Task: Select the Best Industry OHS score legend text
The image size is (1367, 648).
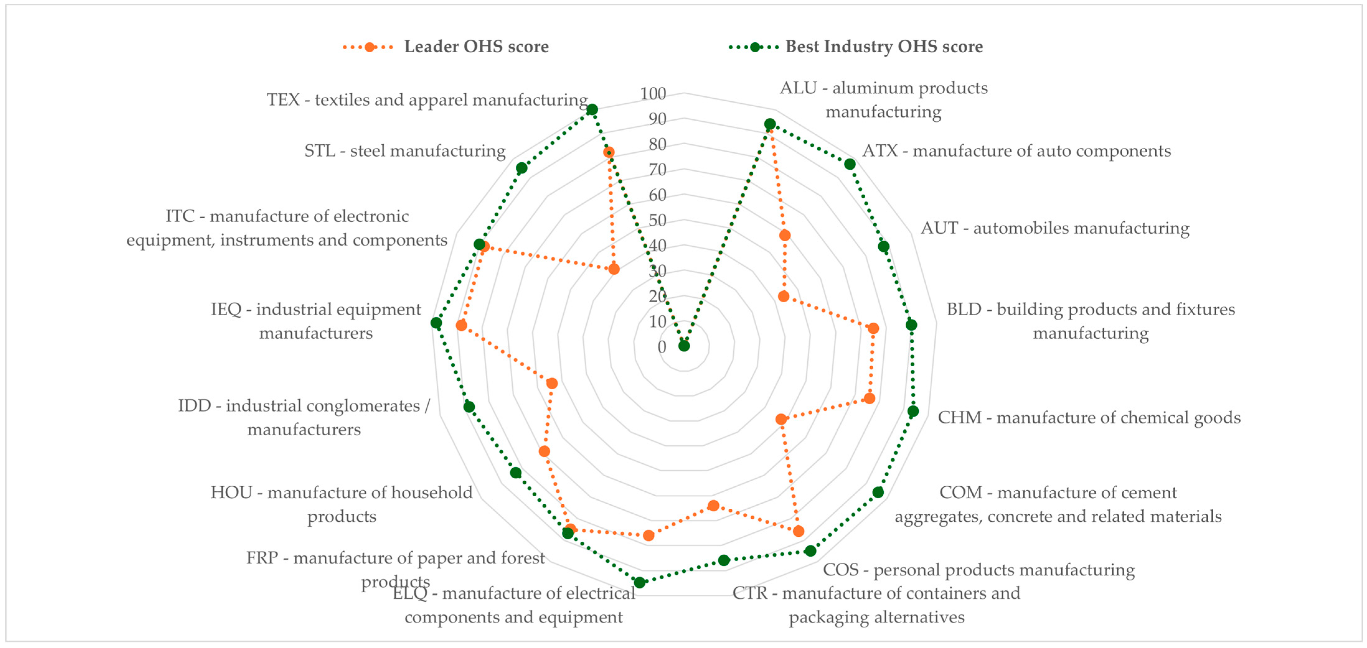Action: pyautogui.click(x=884, y=47)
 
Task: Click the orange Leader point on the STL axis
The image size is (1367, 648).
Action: pyautogui.click(x=613, y=269)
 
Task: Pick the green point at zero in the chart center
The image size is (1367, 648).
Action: pyautogui.click(x=684, y=346)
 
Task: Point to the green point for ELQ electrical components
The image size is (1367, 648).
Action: pyautogui.click(x=639, y=582)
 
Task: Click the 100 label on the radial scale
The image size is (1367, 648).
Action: pyautogui.click(x=653, y=94)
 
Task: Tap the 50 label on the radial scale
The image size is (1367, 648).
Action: pyautogui.click(x=657, y=220)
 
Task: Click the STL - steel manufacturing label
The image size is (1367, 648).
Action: pyautogui.click(x=404, y=151)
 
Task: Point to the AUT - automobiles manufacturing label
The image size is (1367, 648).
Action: pyautogui.click(x=1055, y=228)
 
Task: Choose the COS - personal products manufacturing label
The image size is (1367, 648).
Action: pyautogui.click(x=979, y=570)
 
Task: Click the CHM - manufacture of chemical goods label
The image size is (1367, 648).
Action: pyautogui.click(x=1089, y=418)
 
